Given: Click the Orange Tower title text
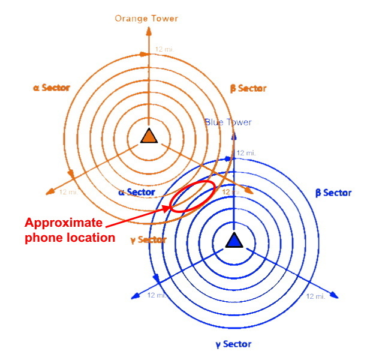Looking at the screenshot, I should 147,19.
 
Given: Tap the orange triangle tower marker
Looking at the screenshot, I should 148,136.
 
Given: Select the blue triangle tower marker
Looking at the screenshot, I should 233,241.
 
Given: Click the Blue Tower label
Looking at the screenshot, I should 228,122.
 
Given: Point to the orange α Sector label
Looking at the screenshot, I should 52,88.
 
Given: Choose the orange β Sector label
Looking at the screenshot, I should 248,89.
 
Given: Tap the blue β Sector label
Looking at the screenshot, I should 333,193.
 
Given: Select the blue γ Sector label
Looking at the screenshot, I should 233,344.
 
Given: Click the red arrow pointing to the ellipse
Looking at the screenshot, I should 138,215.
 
